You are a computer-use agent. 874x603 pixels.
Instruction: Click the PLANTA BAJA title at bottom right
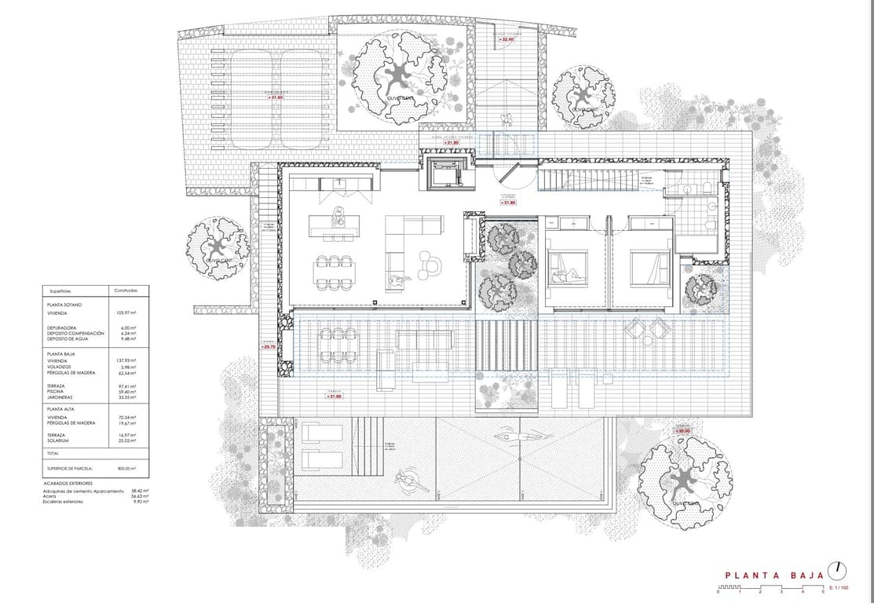[x=774, y=576]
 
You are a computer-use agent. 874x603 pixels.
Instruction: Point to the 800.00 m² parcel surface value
[x=127, y=468]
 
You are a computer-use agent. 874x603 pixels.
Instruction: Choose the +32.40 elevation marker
[x=517, y=39]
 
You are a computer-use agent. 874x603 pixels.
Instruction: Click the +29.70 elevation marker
[x=269, y=346]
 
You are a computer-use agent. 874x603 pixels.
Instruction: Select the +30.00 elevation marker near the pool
[x=682, y=431]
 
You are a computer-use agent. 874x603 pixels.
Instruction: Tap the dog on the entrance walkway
[x=507, y=119]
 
